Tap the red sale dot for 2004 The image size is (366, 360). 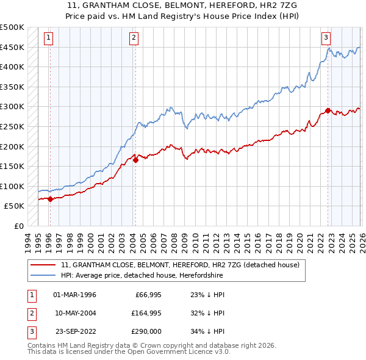[x=135, y=160]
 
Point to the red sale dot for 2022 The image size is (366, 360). [x=328, y=110]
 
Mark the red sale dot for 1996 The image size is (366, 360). [x=49, y=199]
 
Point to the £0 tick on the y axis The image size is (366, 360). [x=19, y=226]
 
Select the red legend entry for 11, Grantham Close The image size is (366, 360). [x=180, y=265]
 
